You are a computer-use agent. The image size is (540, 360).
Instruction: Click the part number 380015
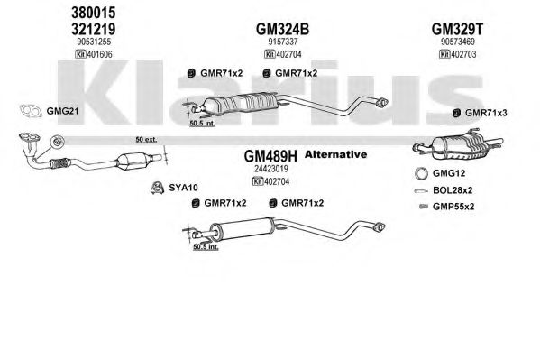point(94,13)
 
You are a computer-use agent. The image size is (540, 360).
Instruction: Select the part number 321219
point(94,29)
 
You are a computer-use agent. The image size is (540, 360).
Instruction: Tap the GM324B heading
point(282,29)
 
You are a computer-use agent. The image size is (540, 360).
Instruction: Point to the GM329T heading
point(457,29)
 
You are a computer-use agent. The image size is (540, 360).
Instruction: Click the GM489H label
point(270,156)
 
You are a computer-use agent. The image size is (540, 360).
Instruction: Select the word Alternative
point(335,154)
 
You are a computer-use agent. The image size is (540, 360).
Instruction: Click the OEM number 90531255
point(94,42)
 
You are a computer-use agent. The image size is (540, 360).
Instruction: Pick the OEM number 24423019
point(271,169)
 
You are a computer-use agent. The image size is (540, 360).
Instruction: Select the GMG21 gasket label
point(62,111)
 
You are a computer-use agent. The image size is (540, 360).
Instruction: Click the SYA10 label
point(183,188)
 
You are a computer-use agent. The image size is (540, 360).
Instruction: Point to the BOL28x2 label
point(453,190)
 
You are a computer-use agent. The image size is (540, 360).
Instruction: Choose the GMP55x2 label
point(453,207)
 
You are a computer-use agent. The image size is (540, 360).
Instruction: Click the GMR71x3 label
point(486,113)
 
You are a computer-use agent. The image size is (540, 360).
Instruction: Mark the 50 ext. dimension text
point(146,139)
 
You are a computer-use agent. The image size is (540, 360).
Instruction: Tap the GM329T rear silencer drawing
point(458,146)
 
